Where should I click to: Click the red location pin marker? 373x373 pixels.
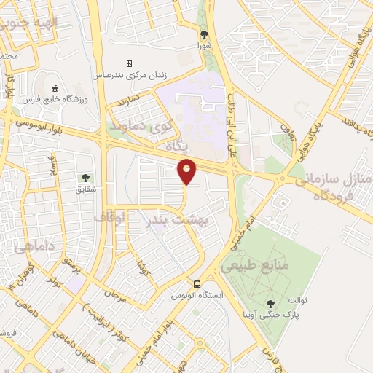click(x=187, y=171)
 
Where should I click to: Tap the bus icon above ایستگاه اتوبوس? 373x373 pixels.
click(x=197, y=283)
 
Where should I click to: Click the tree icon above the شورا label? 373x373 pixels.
click(x=204, y=34)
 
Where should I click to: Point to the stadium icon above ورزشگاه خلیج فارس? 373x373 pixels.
click(x=55, y=88)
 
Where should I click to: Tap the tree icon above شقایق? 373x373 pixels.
click(x=86, y=177)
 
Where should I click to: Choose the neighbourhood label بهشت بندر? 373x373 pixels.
click(x=176, y=219)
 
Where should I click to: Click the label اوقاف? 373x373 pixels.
click(x=111, y=217)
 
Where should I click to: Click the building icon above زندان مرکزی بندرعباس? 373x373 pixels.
click(x=130, y=64)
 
